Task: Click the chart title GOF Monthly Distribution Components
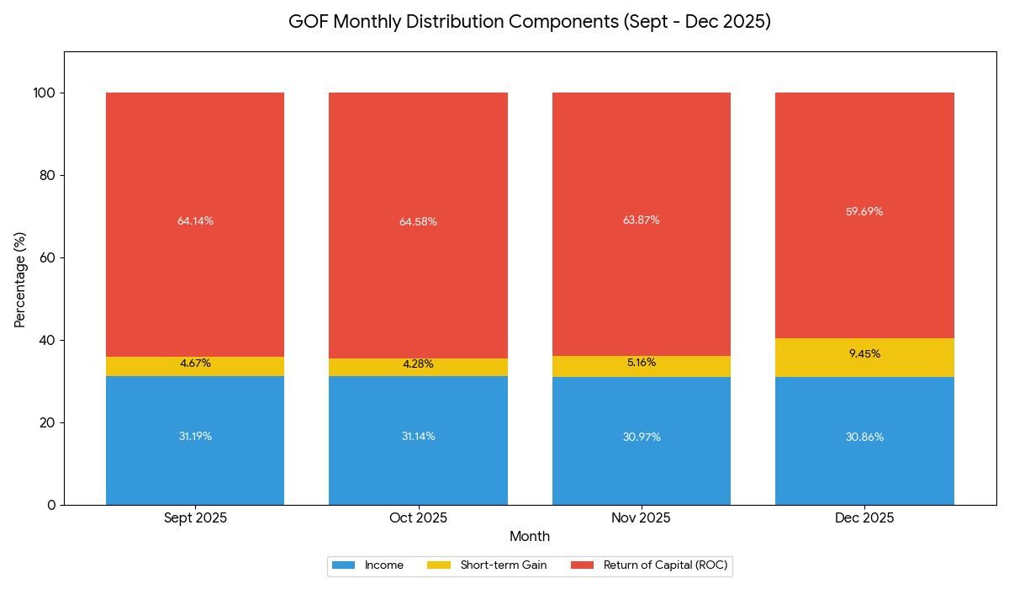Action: pyautogui.click(x=529, y=22)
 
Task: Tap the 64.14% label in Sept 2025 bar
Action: pyautogui.click(x=195, y=221)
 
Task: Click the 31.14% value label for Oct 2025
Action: pyautogui.click(x=418, y=437)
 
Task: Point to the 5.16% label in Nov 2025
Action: pyautogui.click(x=641, y=363)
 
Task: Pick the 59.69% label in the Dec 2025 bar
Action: pyautogui.click(x=864, y=212)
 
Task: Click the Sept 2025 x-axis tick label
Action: pyautogui.click(x=195, y=518)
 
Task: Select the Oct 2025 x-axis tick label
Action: pyautogui.click(x=418, y=518)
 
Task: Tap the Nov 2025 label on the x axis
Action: pyautogui.click(x=641, y=518)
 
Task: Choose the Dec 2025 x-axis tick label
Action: pyautogui.click(x=864, y=518)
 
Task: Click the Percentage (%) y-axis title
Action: pyautogui.click(x=20, y=279)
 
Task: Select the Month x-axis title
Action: pyautogui.click(x=529, y=537)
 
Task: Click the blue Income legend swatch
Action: pyautogui.click(x=345, y=565)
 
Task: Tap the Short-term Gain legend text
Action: pyautogui.click(x=503, y=565)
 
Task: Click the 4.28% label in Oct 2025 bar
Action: pyautogui.click(x=418, y=364)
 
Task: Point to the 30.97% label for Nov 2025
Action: pyautogui.click(x=641, y=438)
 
